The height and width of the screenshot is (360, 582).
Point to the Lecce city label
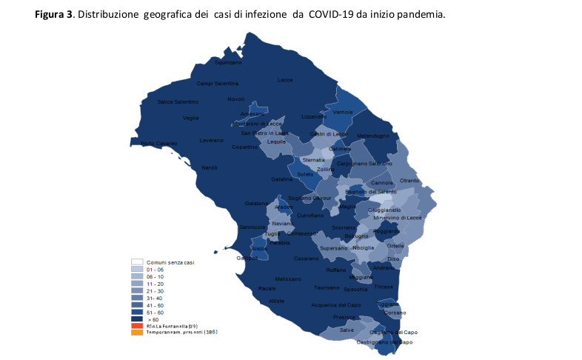click(x=285, y=80)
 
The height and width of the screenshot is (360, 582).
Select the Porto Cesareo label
click(x=158, y=143)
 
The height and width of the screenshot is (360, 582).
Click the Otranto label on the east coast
click(x=409, y=181)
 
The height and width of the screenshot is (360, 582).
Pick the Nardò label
click(x=210, y=167)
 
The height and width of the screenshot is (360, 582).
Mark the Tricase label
click(x=384, y=287)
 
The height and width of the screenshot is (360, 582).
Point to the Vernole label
click(x=343, y=112)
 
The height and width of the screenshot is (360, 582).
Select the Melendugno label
click(x=372, y=136)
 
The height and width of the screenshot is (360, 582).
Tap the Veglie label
click(x=190, y=118)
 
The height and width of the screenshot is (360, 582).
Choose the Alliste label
click(x=276, y=300)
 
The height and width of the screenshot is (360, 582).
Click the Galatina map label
click(x=281, y=179)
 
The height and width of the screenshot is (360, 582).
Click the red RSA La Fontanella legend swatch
click(x=136, y=325)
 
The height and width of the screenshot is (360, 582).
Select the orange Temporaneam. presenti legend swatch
click(x=136, y=332)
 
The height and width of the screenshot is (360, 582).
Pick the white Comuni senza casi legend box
click(x=136, y=261)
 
